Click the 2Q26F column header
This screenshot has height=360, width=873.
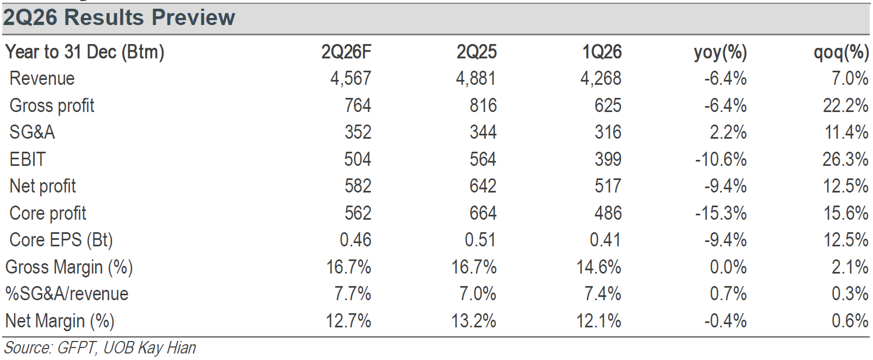point(346,52)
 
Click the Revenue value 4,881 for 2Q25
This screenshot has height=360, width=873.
point(476,78)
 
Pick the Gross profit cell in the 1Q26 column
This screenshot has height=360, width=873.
point(608,105)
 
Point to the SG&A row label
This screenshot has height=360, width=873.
point(32,132)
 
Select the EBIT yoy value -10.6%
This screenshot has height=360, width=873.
point(721,159)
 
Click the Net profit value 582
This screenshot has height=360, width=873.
point(358,186)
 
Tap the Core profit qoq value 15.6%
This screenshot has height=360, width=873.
point(846,213)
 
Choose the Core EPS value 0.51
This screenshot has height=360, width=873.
point(481,240)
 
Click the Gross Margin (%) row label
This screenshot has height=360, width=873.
point(69,268)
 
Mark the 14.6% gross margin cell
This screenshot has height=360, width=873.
point(598,267)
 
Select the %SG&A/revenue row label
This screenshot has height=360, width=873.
point(67,294)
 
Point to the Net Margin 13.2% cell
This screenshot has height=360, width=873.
point(474,321)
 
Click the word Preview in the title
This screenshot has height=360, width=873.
point(194,17)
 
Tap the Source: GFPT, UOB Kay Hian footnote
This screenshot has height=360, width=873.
point(100,348)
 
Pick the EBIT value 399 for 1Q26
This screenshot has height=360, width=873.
point(608,159)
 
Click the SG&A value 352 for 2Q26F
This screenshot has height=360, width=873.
point(358,132)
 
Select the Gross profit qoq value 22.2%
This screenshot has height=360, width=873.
point(846,105)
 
